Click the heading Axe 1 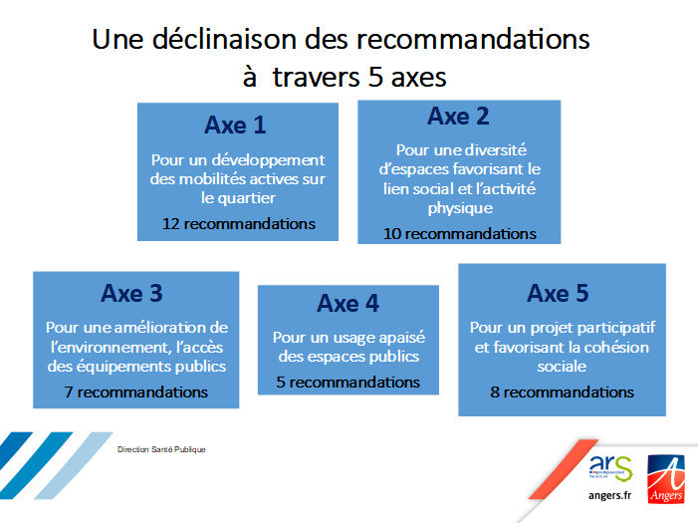pyautogui.click(x=235, y=126)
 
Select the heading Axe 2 pyautogui.click(x=458, y=117)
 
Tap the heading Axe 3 pyautogui.click(x=131, y=293)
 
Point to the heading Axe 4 pyautogui.click(x=349, y=304)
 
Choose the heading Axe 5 pyautogui.click(x=558, y=293)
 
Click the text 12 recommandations pyautogui.click(x=239, y=223)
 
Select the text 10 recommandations pyautogui.click(x=460, y=234)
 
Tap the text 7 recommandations pyautogui.click(x=135, y=392)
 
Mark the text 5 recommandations pyautogui.click(x=349, y=383)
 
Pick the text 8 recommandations pyautogui.click(x=563, y=392)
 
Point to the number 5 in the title pyautogui.click(x=375, y=77)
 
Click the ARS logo pyautogui.click(x=610, y=468)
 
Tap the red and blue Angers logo pyautogui.click(x=666, y=479)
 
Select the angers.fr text pyautogui.click(x=609, y=495)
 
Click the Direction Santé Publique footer pyautogui.click(x=161, y=449)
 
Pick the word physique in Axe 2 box pyautogui.click(x=460, y=208)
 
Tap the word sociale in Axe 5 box pyautogui.click(x=562, y=367)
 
